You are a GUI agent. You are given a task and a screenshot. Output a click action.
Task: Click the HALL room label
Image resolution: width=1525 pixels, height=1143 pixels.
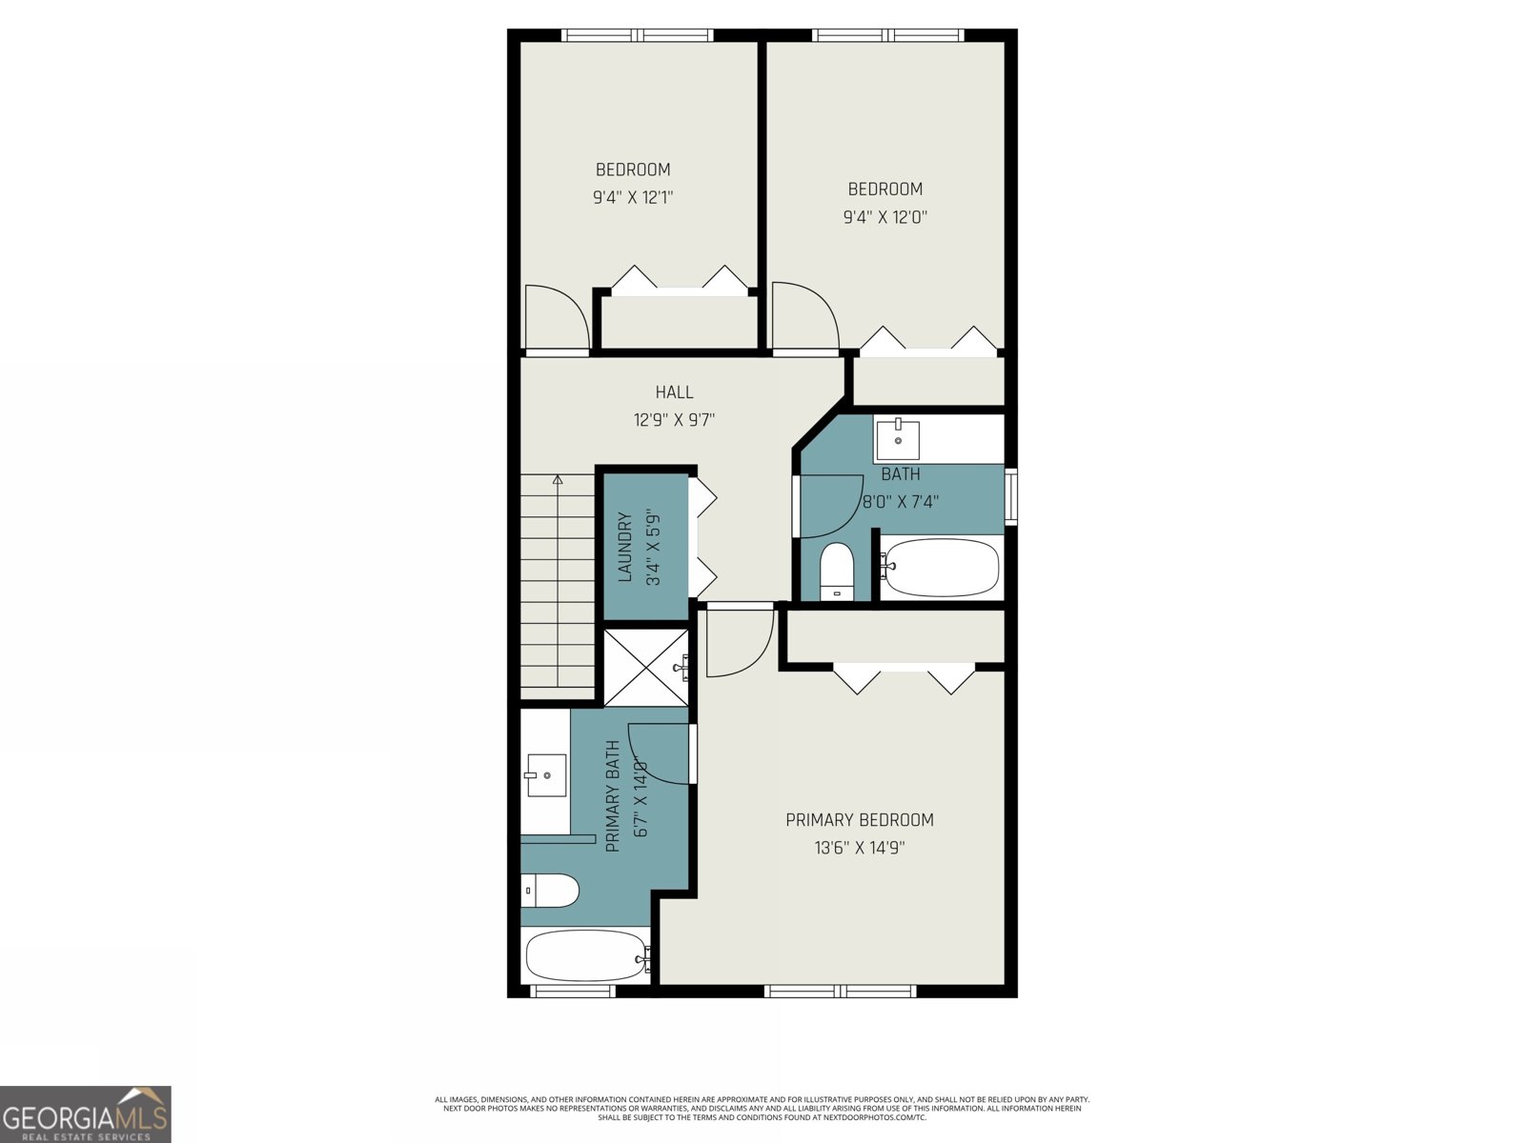pyautogui.click(x=674, y=391)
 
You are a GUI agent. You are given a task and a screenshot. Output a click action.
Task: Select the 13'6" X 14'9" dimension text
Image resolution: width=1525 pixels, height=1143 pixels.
pyautogui.click(x=859, y=848)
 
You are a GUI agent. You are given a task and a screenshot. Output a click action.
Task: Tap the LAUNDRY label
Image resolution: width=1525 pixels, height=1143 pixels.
pyautogui.click(x=625, y=547)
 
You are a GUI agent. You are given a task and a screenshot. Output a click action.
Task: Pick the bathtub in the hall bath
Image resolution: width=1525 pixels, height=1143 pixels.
pyautogui.click(x=940, y=567)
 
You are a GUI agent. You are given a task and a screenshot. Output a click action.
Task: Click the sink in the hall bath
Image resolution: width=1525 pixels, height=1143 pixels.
pyautogui.click(x=898, y=439)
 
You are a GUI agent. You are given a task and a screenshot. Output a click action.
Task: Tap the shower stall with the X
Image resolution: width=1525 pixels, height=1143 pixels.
pyautogui.click(x=645, y=667)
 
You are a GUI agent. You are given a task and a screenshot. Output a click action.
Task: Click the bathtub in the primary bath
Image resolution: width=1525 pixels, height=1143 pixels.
pyautogui.click(x=585, y=955)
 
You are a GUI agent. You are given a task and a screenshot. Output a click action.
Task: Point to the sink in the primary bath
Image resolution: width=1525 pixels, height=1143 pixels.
pyautogui.click(x=545, y=774)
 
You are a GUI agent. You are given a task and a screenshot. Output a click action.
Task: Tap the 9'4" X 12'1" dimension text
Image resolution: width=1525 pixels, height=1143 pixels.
pyautogui.click(x=633, y=198)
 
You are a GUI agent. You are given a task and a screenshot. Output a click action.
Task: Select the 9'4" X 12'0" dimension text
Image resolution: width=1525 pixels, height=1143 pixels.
pyautogui.click(x=884, y=217)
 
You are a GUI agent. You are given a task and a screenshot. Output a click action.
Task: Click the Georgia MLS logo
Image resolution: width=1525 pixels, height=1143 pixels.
pyautogui.click(x=86, y=1113)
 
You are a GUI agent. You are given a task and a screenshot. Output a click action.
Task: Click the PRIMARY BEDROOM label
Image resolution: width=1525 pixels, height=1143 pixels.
pyautogui.click(x=859, y=820)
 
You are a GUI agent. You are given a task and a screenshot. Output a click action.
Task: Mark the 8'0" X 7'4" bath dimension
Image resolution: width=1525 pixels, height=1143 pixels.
pyautogui.click(x=900, y=501)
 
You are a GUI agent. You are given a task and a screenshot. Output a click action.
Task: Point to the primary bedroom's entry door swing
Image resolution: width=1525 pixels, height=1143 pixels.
pyautogui.click(x=739, y=643)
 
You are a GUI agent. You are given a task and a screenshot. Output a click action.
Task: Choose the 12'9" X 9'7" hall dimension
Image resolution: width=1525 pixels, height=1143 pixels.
pyautogui.click(x=674, y=419)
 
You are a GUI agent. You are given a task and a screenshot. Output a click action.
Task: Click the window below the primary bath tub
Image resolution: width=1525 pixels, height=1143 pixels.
pyautogui.click(x=572, y=992)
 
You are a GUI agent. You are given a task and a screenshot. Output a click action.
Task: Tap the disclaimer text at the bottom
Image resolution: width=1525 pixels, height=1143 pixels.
pyautogui.click(x=762, y=1108)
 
